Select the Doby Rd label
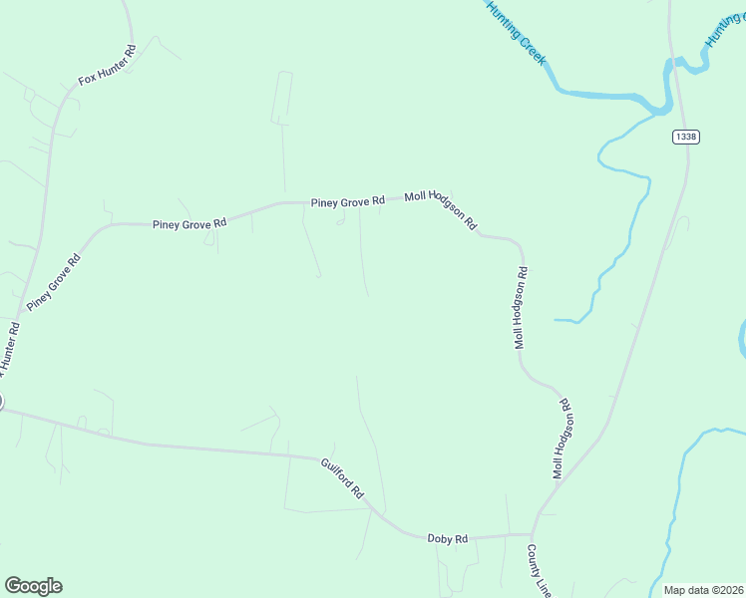click(447, 539)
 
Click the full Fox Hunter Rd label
click(107, 64)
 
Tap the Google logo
click(33, 586)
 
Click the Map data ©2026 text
click(704, 590)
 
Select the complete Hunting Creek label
click(517, 33)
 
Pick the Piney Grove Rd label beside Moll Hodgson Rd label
click(347, 202)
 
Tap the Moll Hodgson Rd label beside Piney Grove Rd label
click(441, 210)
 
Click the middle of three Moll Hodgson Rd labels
click(520, 308)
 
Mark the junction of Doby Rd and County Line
click(534, 534)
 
